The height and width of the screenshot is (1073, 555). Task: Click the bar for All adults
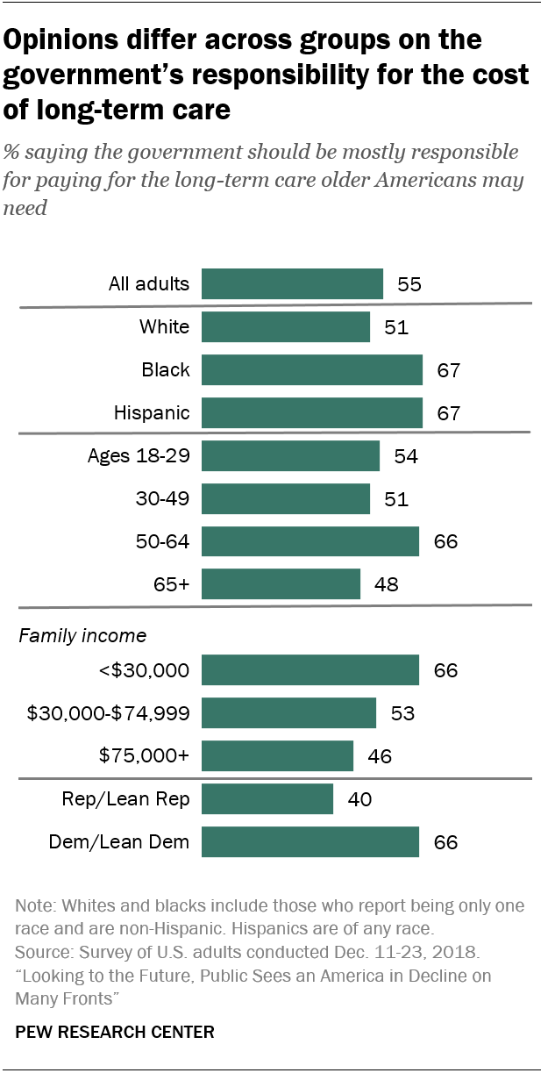click(292, 284)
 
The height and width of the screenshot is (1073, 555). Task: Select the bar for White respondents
click(286, 327)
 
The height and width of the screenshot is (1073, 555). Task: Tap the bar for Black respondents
click(312, 369)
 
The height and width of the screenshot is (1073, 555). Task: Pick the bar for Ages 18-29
click(290, 455)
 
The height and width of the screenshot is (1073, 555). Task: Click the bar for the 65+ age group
click(281, 583)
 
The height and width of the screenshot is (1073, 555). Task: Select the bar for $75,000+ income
click(277, 755)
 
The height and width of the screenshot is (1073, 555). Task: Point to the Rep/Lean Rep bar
click(267, 799)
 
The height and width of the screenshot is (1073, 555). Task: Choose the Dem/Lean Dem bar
click(310, 842)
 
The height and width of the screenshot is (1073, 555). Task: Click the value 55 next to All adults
click(409, 285)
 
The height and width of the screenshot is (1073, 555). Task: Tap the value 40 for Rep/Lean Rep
click(359, 800)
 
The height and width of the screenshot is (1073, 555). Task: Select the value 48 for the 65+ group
click(386, 584)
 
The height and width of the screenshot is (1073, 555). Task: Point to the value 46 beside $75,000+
click(379, 756)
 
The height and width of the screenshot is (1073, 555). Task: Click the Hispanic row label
click(153, 412)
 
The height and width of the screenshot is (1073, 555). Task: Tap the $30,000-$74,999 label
click(107, 713)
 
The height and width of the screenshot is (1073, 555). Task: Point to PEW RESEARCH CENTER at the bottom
click(115, 1033)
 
